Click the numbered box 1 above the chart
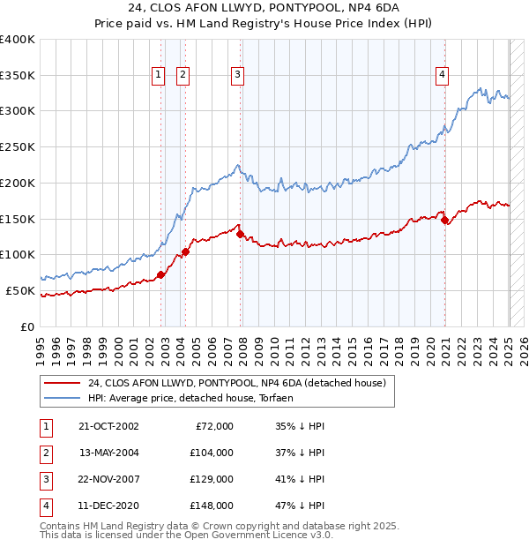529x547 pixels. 158,75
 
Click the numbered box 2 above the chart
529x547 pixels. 183,75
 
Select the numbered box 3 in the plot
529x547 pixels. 238,75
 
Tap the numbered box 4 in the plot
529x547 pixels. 441,75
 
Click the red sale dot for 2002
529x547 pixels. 161,274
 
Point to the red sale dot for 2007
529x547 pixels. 241,234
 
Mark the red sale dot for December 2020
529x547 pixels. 445,220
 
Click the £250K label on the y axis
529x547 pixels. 17,147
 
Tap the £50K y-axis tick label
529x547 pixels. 20,290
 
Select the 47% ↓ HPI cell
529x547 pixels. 301,506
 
